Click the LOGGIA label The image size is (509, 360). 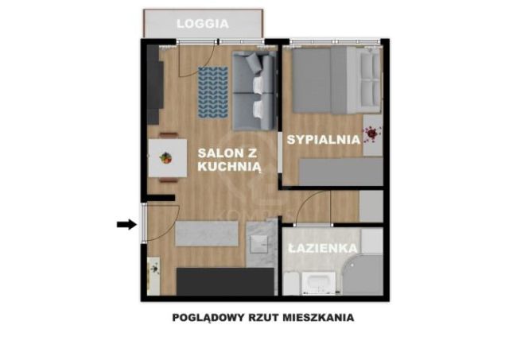click(203, 23)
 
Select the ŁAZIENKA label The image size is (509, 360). click(322, 248)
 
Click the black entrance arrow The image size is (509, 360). click(126, 225)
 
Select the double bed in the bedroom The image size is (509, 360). click(334, 80)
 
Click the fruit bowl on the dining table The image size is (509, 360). click(166, 157)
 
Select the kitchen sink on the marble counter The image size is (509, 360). click(258, 242)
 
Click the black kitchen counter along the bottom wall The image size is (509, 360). click(224, 282)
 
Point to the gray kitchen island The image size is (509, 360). click(207, 234)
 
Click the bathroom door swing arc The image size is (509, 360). click(303, 208)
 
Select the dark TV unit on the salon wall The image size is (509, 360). click(154, 83)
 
